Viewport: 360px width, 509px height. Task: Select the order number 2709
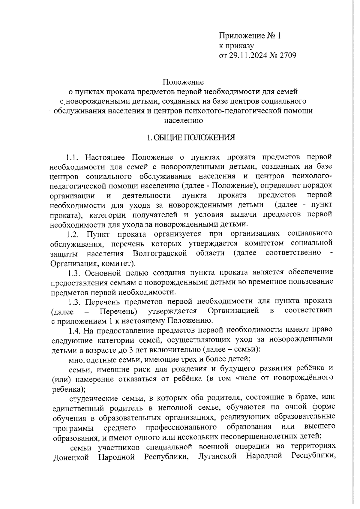288,55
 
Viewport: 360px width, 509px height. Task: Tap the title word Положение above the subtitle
183,82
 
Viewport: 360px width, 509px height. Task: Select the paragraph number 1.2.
74,234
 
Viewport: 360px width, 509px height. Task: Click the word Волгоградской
160,253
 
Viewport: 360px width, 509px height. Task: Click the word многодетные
87,359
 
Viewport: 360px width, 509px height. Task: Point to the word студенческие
91,398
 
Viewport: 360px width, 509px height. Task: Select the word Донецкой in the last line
71,466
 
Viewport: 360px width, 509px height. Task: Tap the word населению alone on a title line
183,121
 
